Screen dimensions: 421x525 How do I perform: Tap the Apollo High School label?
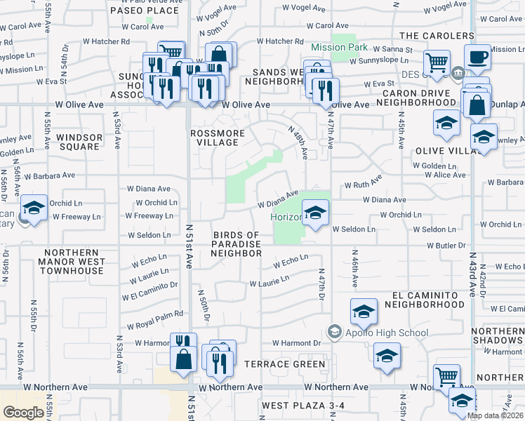coord(386,333)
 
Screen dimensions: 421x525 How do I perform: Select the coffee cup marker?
coord(478,59)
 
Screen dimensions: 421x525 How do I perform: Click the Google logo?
coord(23,413)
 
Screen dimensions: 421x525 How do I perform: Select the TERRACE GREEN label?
coord(285,364)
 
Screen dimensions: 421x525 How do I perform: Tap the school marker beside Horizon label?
coord(316,212)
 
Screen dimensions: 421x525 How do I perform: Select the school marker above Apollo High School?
coord(364,311)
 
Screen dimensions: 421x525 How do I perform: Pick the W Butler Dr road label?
coord(447,246)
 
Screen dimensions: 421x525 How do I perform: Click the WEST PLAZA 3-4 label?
coord(303,406)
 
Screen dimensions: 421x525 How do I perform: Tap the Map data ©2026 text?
coord(496,415)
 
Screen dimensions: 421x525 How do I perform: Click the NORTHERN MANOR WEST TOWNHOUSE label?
coord(74,261)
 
